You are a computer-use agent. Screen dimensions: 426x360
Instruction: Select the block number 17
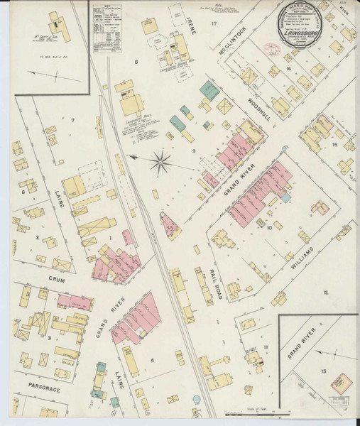[212, 23]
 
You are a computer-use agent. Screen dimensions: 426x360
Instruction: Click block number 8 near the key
[135, 62]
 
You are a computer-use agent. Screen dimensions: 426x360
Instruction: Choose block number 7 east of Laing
[72, 119]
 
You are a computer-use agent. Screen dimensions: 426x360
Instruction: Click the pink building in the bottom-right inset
[343, 384]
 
